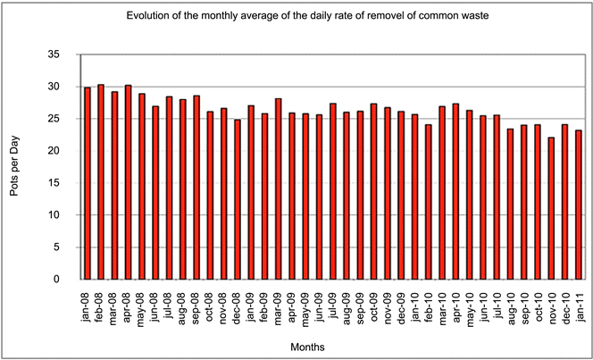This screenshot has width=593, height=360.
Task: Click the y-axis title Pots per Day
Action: pyautogui.click(x=21, y=167)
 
